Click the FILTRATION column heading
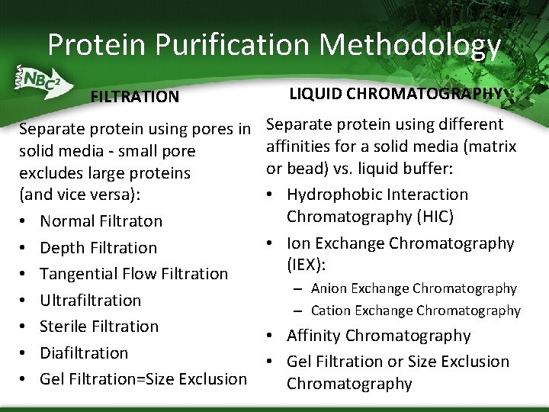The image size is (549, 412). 134,97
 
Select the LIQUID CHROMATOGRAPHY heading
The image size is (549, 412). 396,93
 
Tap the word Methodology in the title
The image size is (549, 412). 410,45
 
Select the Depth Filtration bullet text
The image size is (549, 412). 98,248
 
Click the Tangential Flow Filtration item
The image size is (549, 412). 133,274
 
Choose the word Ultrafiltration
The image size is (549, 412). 90,301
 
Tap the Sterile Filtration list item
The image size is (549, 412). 99,327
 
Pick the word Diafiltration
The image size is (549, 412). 84,353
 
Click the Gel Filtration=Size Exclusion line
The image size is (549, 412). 143,379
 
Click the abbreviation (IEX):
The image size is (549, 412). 307,265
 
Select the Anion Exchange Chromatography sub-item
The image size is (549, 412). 413,288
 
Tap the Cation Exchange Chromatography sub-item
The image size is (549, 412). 416,311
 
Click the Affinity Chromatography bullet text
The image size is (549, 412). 378,336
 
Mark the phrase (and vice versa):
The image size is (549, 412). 79,194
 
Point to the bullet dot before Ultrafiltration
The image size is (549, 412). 24,301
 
